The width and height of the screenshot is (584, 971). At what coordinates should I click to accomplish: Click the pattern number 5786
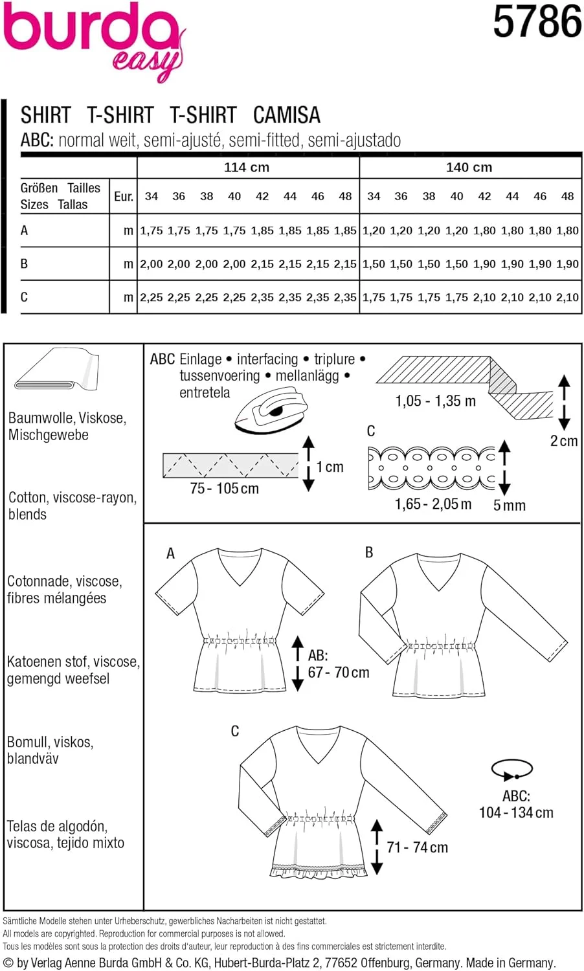coord(537,21)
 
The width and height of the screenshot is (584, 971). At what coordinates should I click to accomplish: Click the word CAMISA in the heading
coord(286,115)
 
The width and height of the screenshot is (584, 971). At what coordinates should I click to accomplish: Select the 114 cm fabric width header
coord(247,167)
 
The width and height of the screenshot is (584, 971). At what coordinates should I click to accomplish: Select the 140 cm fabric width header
coord(469,167)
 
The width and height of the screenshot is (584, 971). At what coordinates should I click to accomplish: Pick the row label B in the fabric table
coord(25,263)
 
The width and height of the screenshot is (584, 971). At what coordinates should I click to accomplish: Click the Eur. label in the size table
coord(123,196)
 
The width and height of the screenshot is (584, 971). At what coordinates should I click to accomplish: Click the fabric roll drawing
coord(57,370)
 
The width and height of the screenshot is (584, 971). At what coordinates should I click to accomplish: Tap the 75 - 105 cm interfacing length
coord(224,489)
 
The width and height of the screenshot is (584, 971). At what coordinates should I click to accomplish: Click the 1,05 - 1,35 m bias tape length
coord(435,401)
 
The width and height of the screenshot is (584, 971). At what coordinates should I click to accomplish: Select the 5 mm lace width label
coord(509,506)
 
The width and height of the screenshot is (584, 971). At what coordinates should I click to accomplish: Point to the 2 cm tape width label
coord(563,441)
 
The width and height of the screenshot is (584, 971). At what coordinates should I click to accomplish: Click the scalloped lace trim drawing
coord(431,467)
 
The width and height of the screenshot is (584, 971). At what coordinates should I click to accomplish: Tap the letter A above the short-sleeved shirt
coord(170,553)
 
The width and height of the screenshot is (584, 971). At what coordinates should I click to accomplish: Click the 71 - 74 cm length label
coord(417,847)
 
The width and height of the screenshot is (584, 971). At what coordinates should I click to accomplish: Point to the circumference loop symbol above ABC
coord(512,770)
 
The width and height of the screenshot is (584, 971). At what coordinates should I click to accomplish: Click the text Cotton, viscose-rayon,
coord(73,498)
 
